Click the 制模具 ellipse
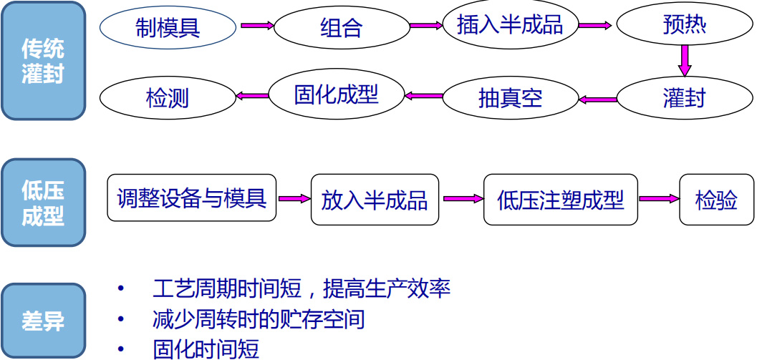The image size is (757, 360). pos(168,27)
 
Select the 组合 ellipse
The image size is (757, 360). pos(341,27)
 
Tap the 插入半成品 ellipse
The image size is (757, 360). pos(510,25)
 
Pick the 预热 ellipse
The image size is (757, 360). pos(685,25)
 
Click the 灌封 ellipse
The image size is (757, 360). pos(685,98)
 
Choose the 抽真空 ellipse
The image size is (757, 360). pos(510,98)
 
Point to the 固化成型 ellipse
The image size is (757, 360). pos(336,94)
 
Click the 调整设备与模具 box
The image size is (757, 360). pos(191,198)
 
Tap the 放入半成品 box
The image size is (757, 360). pos(375,200)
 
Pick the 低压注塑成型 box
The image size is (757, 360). pos(560,200)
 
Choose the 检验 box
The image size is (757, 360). pos(716,200)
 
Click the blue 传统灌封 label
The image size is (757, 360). pos(43,62)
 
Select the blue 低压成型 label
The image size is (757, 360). pos(43,203)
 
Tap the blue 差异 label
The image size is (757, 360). pos(43,321)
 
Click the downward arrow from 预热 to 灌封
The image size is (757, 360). pos(685,60)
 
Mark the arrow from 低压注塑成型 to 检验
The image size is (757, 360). pos(658,199)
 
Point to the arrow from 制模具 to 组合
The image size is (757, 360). pos(256,26)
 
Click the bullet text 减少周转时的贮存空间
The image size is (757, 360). pos(259,318)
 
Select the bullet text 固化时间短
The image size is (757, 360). pos(206,349)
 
